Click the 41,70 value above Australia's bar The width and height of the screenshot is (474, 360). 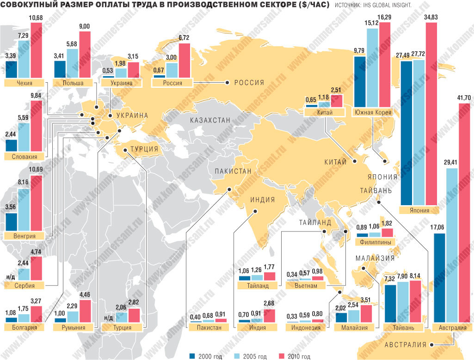(463, 98)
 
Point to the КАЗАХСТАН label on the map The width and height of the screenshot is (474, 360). (209, 120)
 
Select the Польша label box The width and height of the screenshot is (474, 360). (73, 83)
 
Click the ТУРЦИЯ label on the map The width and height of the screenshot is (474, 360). (144, 150)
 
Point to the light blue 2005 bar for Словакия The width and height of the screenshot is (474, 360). (24, 137)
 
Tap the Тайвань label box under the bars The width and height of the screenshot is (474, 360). (403, 328)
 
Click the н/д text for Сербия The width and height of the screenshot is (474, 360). (11, 276)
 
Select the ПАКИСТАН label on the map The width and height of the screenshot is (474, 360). (232, 171)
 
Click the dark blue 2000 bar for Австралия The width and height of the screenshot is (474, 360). (440, 277)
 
